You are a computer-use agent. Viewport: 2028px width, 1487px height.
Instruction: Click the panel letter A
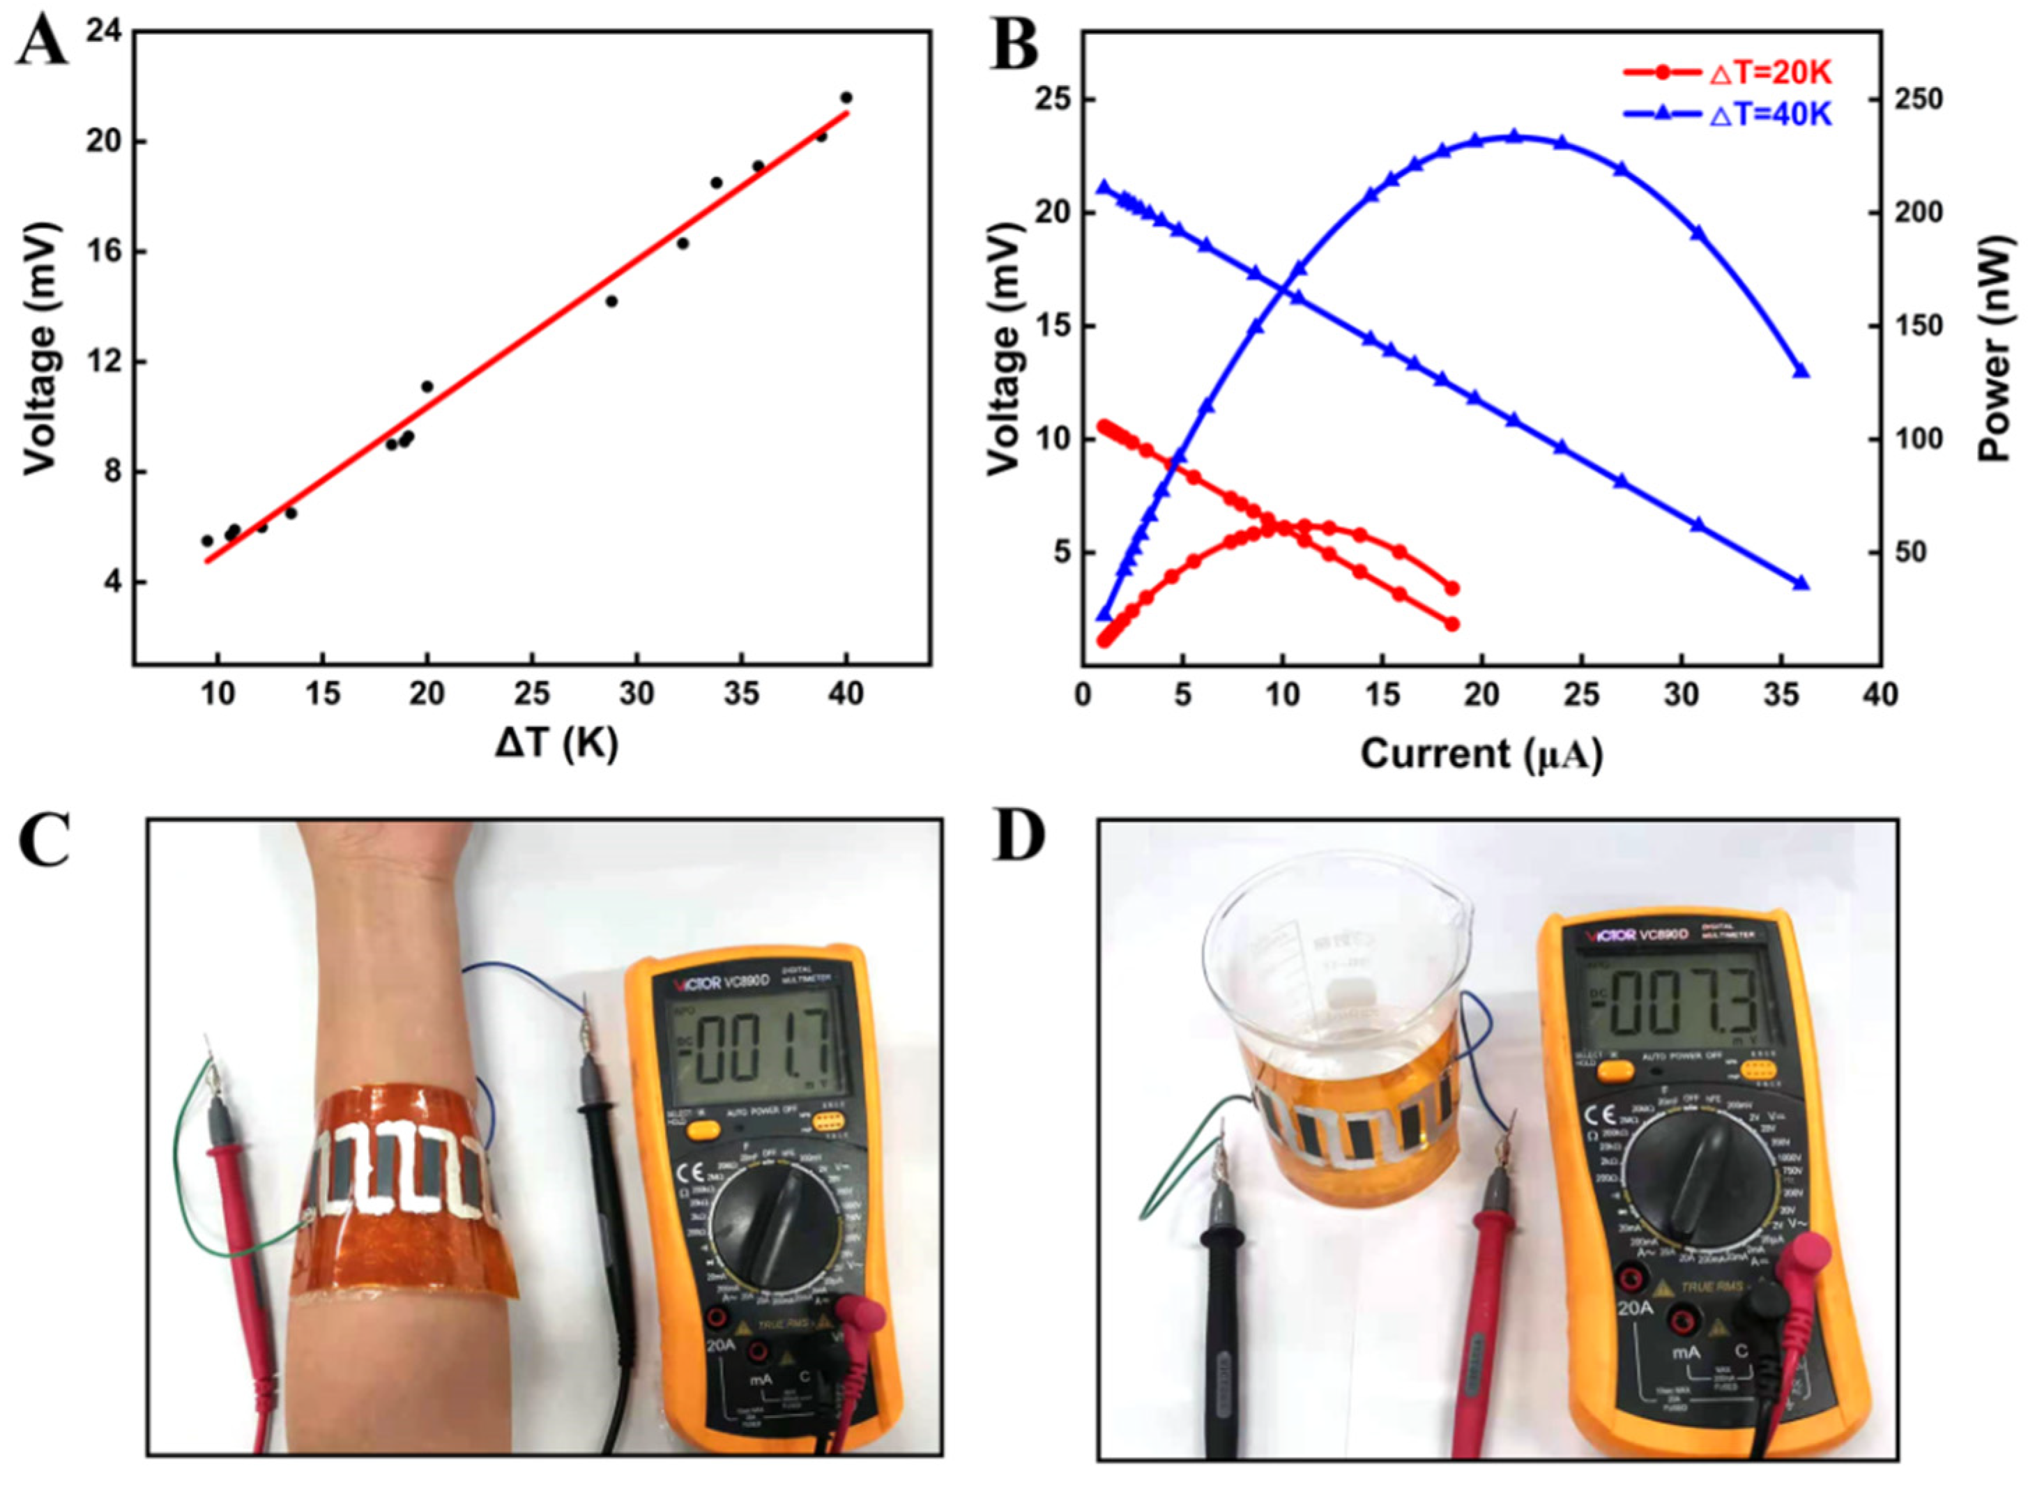click(x=43, y=43)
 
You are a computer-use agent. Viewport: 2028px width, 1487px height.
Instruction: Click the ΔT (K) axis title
click(x=556, y=745)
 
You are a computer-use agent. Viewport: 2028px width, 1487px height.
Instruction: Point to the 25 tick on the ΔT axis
click(x=532, y=694)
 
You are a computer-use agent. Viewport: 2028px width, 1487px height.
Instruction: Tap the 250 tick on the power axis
click(x=1920, y=99)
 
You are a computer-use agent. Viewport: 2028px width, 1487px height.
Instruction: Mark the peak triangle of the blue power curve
click(x=1514, y=136)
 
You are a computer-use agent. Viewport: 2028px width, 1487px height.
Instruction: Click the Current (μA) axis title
click(x=1481, y=752)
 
